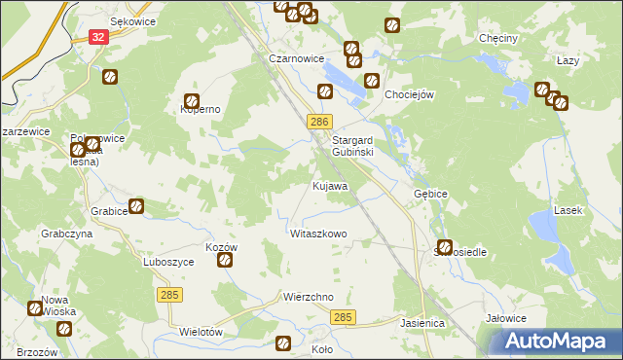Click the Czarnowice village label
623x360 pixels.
pyautogui.click(x=296, y=58)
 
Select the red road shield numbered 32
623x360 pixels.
pyautogui.click(x=97, y=36)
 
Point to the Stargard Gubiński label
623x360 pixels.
pyautogui.click(x=360, y=146)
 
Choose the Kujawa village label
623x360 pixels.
pyautogui.click(x=330, y=185)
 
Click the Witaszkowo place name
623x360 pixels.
pyautogui.click(x=318, y=234)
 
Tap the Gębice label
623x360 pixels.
pyautogui.click(x=430, y=194)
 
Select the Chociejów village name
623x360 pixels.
pyautogui.click(x=409, y=94)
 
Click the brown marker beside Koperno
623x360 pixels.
pyautogui.click(x=192, y=99)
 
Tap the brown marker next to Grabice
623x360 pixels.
pyautogui.click(x=137, y=206)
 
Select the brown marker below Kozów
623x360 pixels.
pyautogui.click(x=225, y=261)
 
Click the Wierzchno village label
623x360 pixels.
pyautogui.click(x=309, y=297)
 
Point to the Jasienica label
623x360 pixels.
pyautogui.click(x=422, y=321)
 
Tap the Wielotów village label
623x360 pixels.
pyautogui.click(x=202, y=332)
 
